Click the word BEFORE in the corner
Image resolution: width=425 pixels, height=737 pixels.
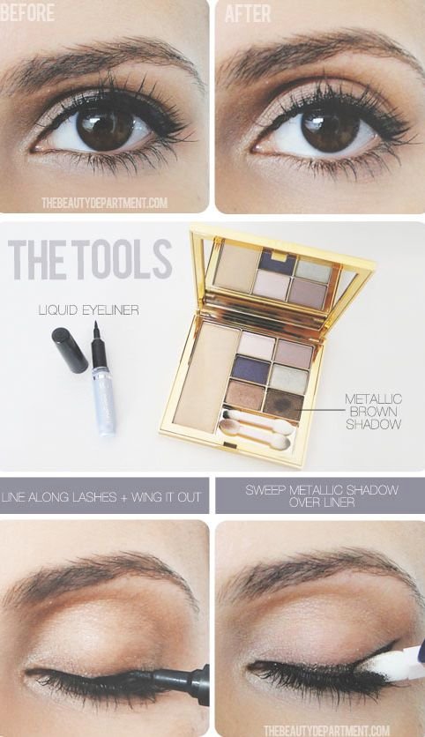click(x=27, y=13)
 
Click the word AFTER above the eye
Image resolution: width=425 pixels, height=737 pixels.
click(x=248, y=13)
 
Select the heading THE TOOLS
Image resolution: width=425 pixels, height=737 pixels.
click(x=90, y=259)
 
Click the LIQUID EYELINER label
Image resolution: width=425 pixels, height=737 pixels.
click(x=89, y=310)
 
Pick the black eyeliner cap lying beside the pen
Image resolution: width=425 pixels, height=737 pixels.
click(x=70, y=350)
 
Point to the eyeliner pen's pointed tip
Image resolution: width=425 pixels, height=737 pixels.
click(x=95, y=325)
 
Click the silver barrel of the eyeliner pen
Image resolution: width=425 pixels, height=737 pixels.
click(x=104, y=401)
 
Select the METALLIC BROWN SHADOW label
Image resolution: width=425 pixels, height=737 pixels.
click(x=374, y=412)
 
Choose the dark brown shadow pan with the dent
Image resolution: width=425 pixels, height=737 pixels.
click(x=284, y=405)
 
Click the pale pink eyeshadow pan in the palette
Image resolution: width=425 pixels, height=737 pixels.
click(x=257, y=345)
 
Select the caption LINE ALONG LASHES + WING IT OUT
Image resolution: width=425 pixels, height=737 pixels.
click(x=101, y=497)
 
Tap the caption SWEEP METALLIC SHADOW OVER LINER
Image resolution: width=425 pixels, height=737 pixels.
click(x=322, y=495)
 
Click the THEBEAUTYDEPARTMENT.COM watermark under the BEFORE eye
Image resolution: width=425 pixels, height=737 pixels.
click(x=104, y=203)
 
